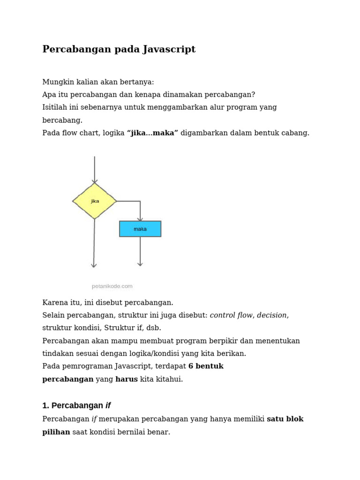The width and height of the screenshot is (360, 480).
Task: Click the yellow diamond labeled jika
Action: point(95,201)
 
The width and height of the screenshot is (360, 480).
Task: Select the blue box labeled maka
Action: point(140,229)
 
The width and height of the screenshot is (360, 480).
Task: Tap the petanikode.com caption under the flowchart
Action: point(112,286)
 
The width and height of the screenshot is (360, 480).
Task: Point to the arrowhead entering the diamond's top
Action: point(95,181)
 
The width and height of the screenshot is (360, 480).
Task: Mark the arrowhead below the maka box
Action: point(140,264)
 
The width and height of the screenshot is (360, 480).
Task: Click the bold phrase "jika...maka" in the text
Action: point(152,133)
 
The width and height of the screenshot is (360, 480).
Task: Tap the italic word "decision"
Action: point(272,315)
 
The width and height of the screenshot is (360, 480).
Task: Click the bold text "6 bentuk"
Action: point(206,366)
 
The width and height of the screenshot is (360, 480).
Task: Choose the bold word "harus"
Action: point(127,379)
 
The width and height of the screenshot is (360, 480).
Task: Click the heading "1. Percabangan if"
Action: point(76,405)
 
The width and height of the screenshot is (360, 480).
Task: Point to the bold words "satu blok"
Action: point(285,419)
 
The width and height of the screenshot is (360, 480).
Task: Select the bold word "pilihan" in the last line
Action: point(56,432)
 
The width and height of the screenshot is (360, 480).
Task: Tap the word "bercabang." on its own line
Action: point(62,120)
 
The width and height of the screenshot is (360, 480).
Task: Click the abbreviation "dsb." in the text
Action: point(153,328)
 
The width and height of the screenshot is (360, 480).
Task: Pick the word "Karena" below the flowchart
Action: point(55,302)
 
